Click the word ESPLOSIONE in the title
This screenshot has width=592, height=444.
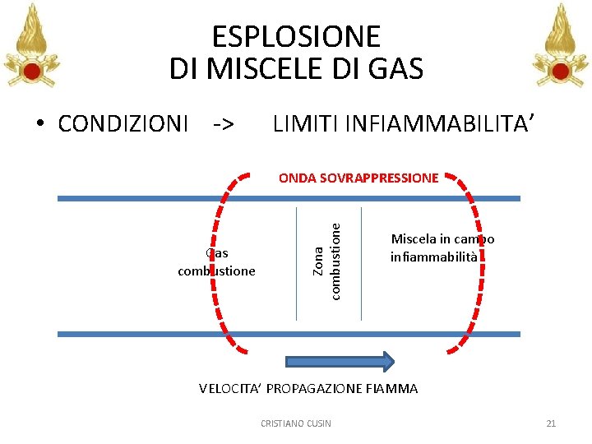point(296,37)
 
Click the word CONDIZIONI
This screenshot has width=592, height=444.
point(123,124)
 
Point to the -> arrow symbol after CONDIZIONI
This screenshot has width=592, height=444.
point(223,124)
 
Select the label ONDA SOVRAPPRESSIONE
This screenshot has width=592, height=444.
point(358,178)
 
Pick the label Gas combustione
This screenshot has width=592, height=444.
point(217,262)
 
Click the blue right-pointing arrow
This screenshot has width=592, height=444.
point(340,362)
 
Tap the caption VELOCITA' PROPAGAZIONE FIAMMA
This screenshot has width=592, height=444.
point(308,388)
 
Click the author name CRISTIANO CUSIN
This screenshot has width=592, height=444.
point(296,423)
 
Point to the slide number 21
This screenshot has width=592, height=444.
point(551,423)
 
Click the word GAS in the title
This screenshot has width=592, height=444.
point(395,68)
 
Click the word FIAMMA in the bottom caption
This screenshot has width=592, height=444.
point(392,388)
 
